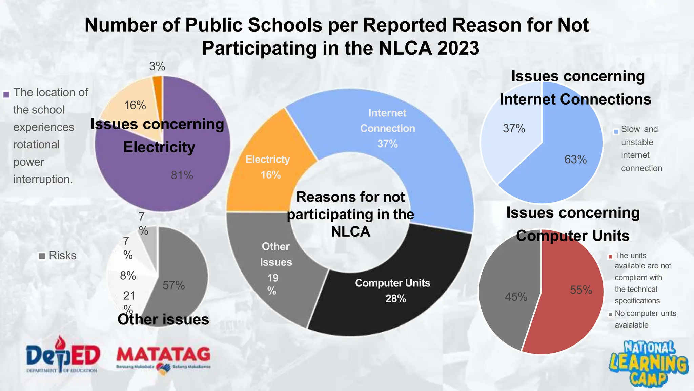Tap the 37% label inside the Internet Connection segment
tap(387, 144)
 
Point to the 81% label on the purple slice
tap(182, 175)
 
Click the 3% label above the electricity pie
tap(157, 67)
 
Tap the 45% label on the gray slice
tap(516, 297)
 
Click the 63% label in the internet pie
tap(575, 160)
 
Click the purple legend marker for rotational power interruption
tap(6, 95)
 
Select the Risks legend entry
tap(58, 256)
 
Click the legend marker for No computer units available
tap(610, 314)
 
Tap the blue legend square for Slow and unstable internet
tap(616, 131)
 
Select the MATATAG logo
tap(163, 358)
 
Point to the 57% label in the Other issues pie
tap(173, 285)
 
